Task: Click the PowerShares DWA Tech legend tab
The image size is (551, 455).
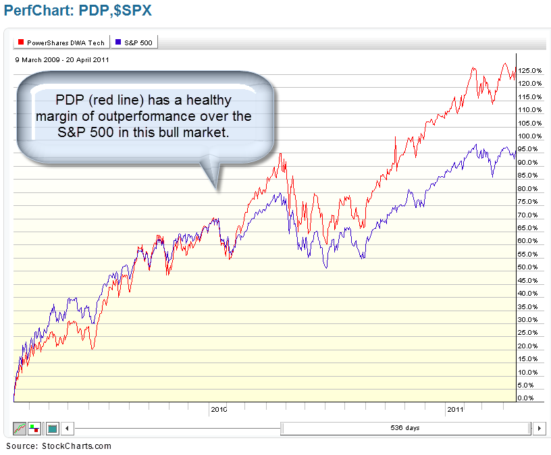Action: click(x=60, y=43)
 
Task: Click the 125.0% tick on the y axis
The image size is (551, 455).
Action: click(x=529, y=70)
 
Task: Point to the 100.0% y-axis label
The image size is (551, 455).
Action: click(x=529, y=136)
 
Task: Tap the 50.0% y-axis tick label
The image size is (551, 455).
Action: click(x=529, y=267)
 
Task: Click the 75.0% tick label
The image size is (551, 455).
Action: click(x=529, y=202)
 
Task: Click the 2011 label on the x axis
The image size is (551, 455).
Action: click(x=454, y=409)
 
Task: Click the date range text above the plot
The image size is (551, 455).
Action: click(x=62, y=59)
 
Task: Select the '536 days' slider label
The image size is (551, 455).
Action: click(x=405, y=428)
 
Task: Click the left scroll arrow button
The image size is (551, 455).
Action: click(x=67, y=428)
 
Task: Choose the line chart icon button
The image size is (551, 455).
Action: click(x=20, y=428)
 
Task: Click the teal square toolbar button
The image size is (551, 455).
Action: click(x=52, y=428)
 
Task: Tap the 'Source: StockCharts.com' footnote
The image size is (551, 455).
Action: click(x=58, y=446)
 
